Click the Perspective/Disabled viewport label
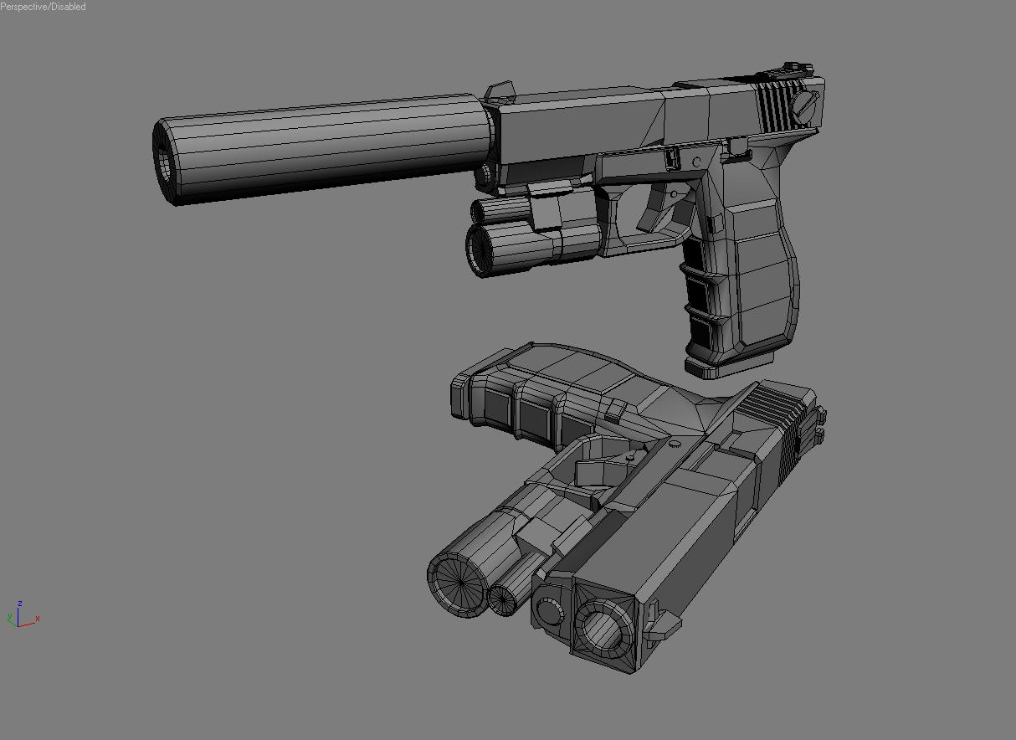[43, 6]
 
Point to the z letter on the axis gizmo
[19, 603]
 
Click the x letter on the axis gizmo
[38, 619]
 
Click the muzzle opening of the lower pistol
[601, 625]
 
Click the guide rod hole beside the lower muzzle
[549, 613]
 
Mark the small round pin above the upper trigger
[696, 162]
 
